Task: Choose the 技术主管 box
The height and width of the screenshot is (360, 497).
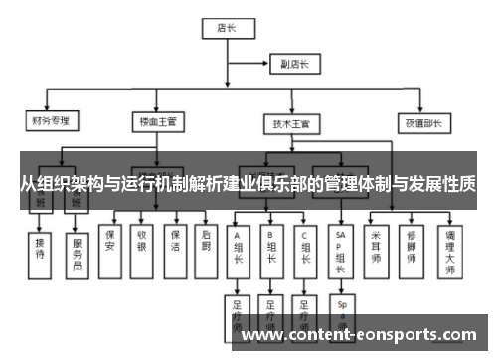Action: coord(291,125)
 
